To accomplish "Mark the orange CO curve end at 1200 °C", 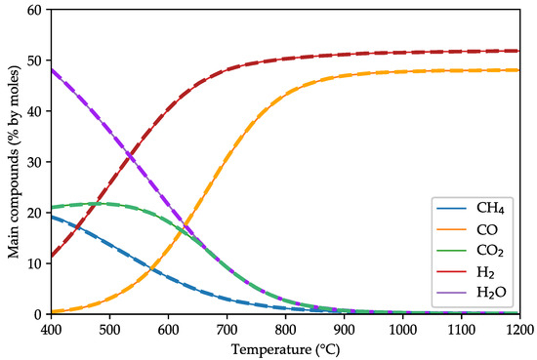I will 519,70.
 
